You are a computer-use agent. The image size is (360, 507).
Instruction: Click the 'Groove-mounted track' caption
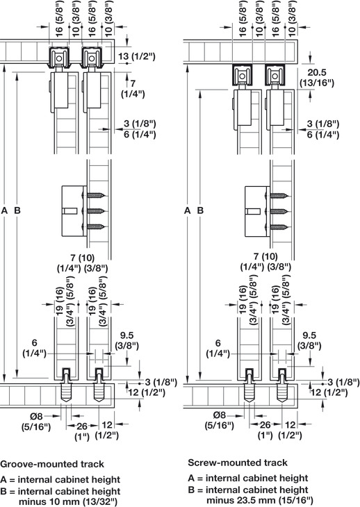pos(52,464)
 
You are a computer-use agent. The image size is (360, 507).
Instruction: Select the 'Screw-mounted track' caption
pos(238,463)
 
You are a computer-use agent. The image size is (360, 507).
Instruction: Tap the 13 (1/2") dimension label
pos(136,56)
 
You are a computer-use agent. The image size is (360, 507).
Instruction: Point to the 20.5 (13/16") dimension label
pos(317,78)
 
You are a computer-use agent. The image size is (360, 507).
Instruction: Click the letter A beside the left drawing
pos(4,210)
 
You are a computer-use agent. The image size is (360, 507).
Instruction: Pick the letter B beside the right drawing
pos(200,210)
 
